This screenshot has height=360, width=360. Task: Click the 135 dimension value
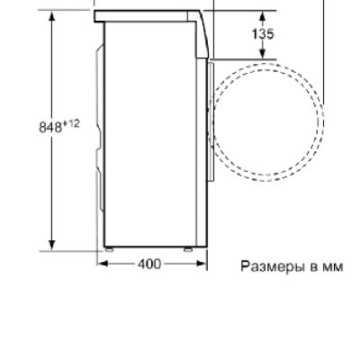pyautogui.click(x=263, y=35)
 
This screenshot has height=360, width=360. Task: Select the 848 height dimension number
pyautogui.click(x=50, y=126)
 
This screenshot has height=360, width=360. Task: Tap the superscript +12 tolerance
pyautogui.click(x=72, y=123)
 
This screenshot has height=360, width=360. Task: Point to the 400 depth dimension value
pyautogui.click(x=150, y=264)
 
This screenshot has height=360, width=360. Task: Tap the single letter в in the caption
pyautogui.click(x=313, y=266)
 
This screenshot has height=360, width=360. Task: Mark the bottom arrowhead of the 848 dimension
pyautogui.click(x=52, y=245)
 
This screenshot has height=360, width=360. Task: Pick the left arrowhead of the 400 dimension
pyautogui.click(x=101, y=264)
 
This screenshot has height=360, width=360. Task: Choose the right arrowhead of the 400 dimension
pyautogui.click(x=202, y=264)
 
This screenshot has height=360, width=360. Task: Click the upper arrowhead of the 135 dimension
pyautogui.click(x=263, y=16)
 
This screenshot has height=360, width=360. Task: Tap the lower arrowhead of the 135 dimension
pyautogui.click(x=263, y=56)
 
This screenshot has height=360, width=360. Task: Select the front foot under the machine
pyautogui.click(x=188, y=248)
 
